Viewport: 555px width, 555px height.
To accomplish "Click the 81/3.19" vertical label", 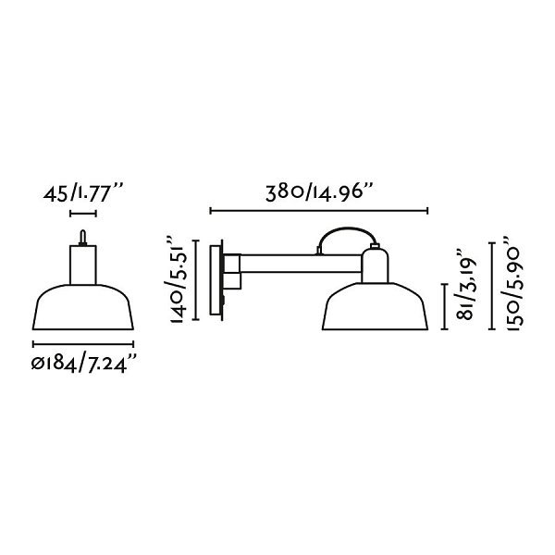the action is [465, 284].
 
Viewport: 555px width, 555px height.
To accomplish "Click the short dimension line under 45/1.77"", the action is [83, 213].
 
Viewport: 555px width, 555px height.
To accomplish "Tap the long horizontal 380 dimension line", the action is [319, 211].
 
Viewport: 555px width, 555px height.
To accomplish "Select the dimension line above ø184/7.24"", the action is [83, 344].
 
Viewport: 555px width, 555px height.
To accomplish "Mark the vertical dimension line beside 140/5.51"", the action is [196, 280].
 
